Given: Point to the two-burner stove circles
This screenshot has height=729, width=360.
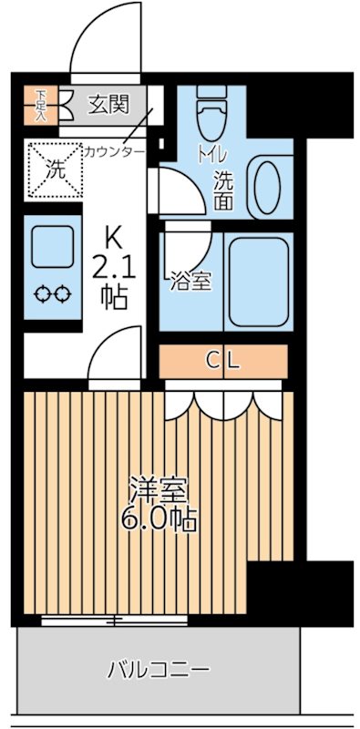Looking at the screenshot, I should [x=53, y=294].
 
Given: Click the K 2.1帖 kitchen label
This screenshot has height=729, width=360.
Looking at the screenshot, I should [x=114, y=268].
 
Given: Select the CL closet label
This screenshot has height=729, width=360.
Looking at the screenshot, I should [x=223, y=361].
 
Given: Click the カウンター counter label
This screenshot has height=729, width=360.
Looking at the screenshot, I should [x=114, y=151].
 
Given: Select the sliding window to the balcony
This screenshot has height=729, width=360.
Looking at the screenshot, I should [x=114, y=621].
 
